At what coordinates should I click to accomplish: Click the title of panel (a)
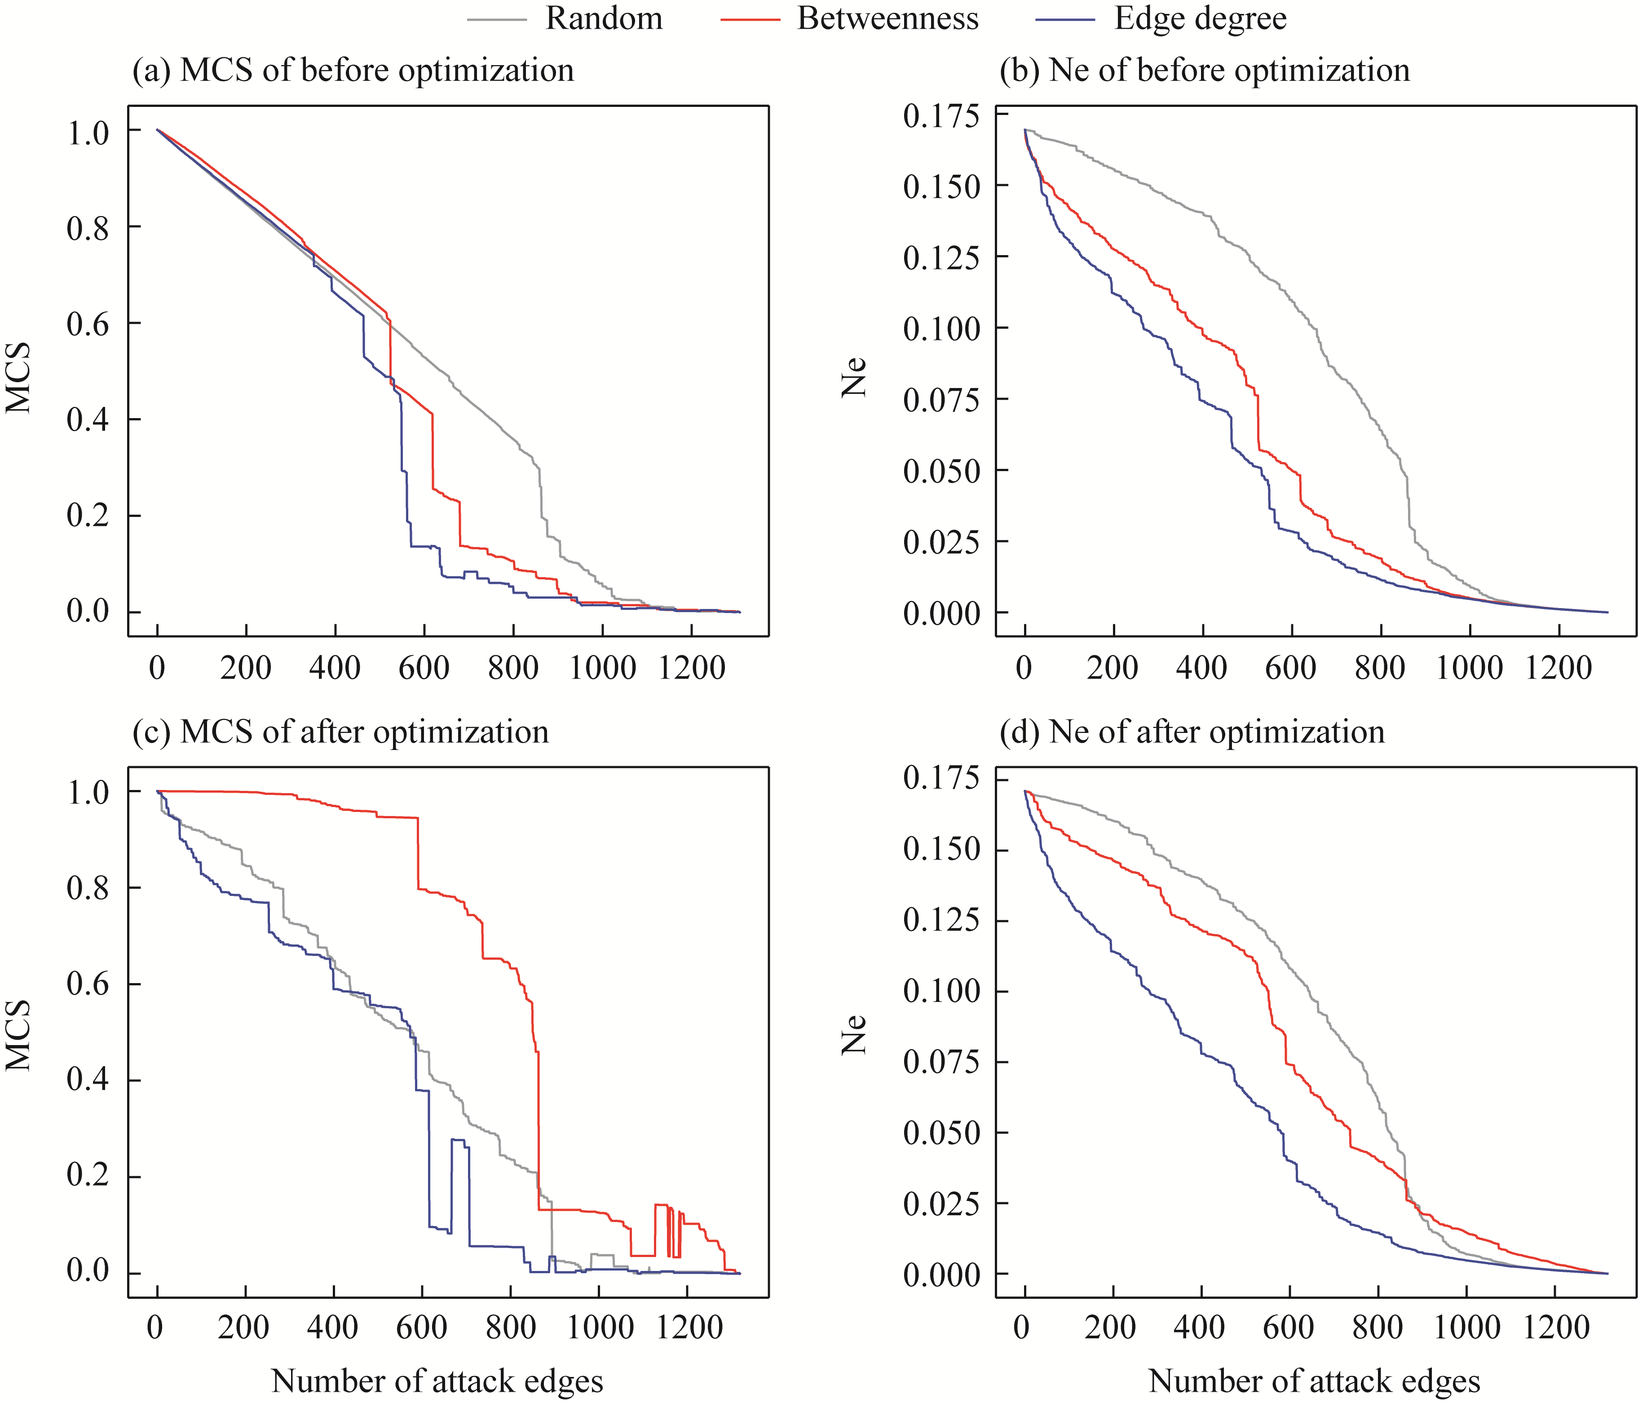click(x=353, y=71)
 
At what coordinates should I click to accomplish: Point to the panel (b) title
click(x=1205, y=71)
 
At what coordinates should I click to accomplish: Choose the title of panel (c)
click(x=341, y=733)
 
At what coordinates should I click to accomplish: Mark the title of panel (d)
click(x=1192, y=733)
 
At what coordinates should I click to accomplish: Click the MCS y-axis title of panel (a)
click(x=19, y=378)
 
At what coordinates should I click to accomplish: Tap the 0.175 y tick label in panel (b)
click(x=941, y=116)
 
